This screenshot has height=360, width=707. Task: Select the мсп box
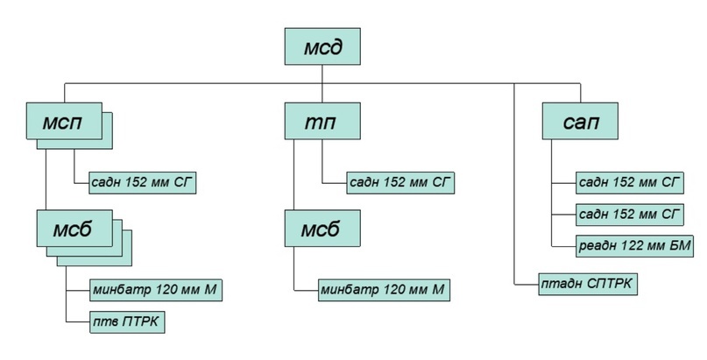62,121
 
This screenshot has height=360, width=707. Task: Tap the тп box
323,121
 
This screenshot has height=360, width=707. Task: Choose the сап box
581,121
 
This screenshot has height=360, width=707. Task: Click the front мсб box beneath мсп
74,229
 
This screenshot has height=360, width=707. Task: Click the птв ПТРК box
127,323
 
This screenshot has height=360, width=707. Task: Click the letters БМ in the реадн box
681,246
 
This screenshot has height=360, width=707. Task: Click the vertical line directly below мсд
322,74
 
